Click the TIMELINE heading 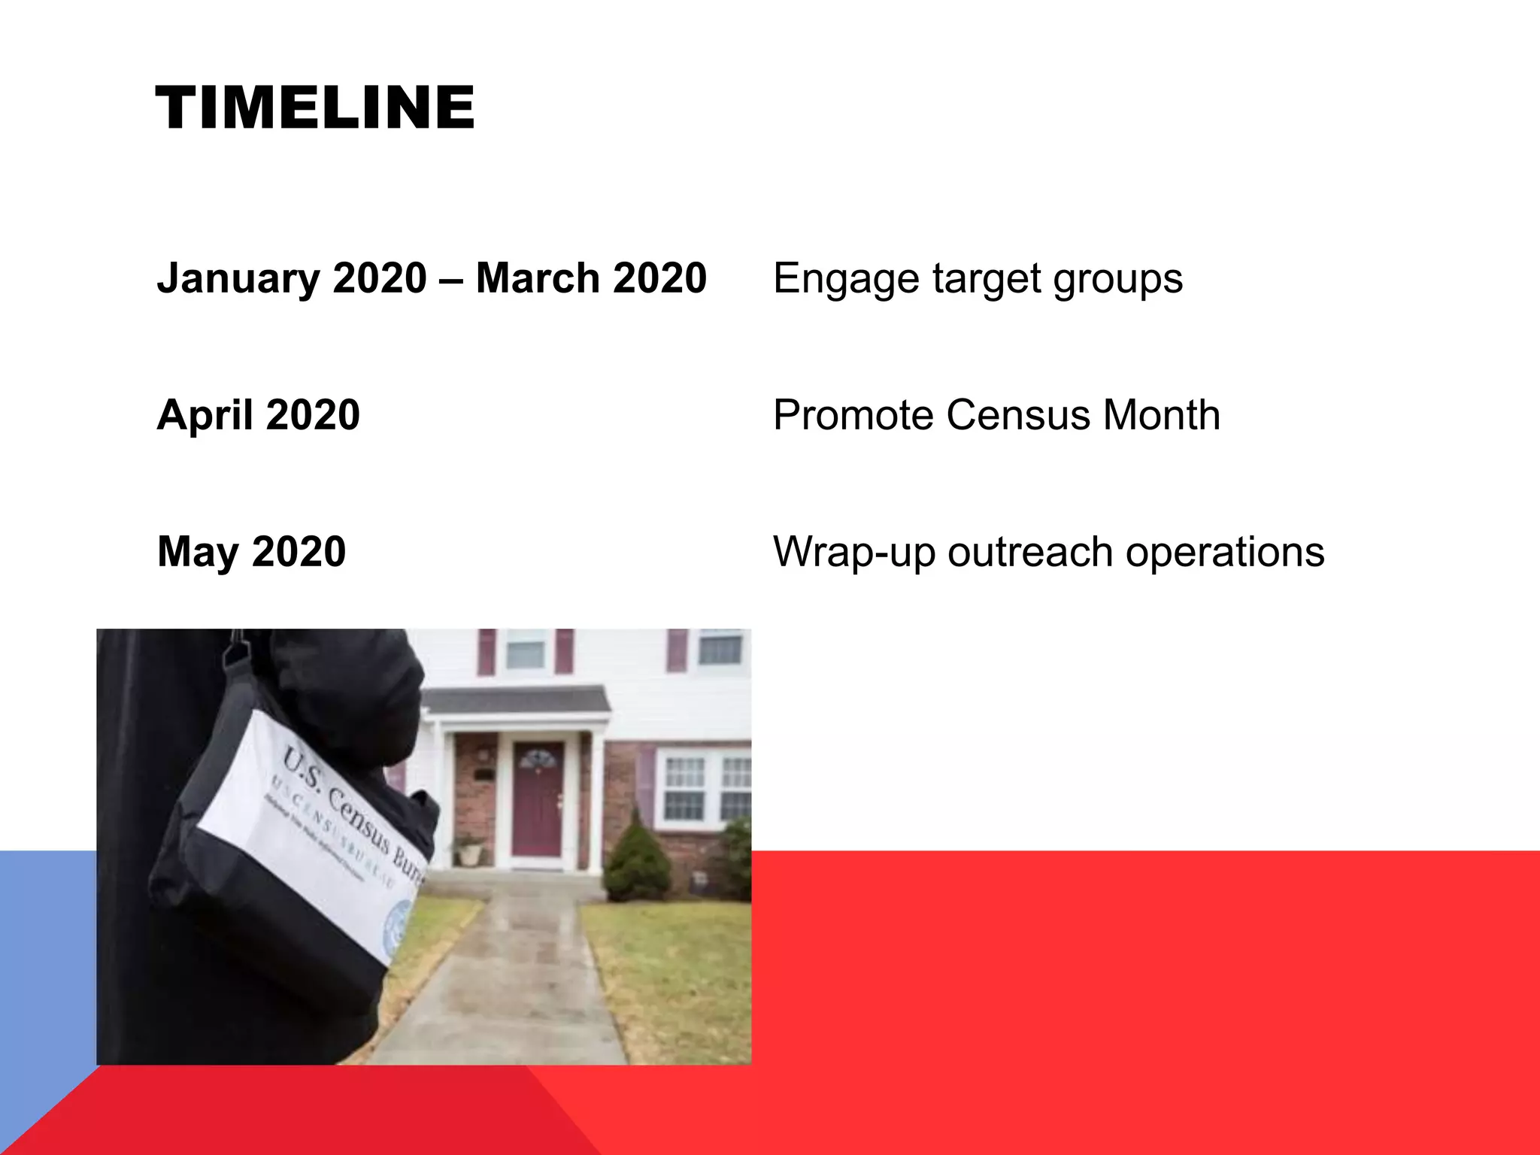pyautogui.click(x=314, y=108)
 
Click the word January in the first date pyautogui.click(x=238, y=278)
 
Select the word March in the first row pyautogui.click(x=538, y=278)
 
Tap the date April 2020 pyautogui.click(x=258, y=415)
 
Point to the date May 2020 pyautogui.click(x=251, y=552)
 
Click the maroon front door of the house pyautogui.click(x=537, y=800)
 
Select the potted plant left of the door pyautogui.click(x=471, y=850)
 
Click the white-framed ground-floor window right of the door pyautogui.click(x=684, y=788)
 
